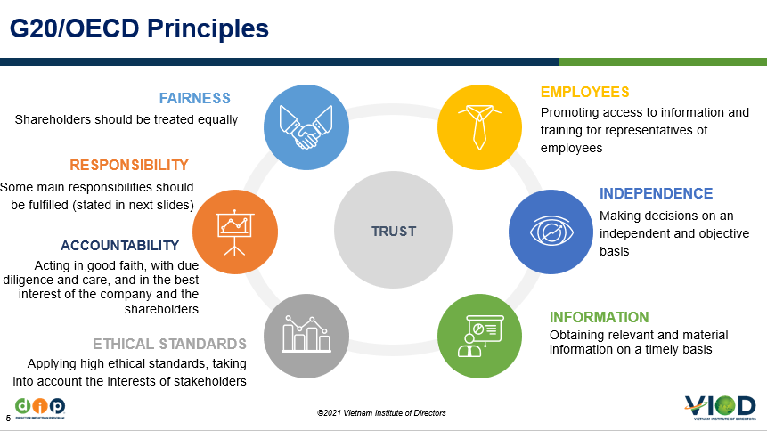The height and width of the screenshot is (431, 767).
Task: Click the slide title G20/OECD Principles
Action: click(x=139, y=28)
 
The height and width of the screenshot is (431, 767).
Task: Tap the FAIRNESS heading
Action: click(x=195, y=98)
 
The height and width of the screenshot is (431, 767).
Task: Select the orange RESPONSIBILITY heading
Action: click(x=129, y=165)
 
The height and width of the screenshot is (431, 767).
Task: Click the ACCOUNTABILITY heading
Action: click(x=120, y=245)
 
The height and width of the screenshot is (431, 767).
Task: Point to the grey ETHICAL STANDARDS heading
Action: click(x=170, y=344)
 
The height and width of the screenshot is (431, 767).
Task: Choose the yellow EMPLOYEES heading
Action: click(x=585, y=92)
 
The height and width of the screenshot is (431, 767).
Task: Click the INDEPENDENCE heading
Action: click(x=656, y=194)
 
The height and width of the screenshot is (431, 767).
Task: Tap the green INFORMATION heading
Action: click(x=600, y=317)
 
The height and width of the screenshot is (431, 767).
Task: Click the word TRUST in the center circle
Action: click(x=394, y=231)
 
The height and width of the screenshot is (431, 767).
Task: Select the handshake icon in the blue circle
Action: click(x=306, y=127)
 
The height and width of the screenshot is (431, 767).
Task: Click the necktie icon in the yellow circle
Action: click(x=479, y=126)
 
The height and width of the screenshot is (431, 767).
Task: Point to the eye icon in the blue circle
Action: click(x=551, y=231)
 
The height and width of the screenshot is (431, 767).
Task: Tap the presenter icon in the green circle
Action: click(x=480, y=336)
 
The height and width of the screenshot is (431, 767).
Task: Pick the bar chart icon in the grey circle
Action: click(x=306, y=334)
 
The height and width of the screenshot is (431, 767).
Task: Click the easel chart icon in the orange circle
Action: click(x=235, y=232)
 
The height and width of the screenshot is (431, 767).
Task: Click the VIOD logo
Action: click(x=720, y=408)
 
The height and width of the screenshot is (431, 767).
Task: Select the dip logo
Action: click(x=40, y=408)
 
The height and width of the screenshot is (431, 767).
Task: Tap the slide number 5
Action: click(x=8, y=419)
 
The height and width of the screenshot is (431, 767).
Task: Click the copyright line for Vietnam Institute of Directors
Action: click(x=381, y=413)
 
